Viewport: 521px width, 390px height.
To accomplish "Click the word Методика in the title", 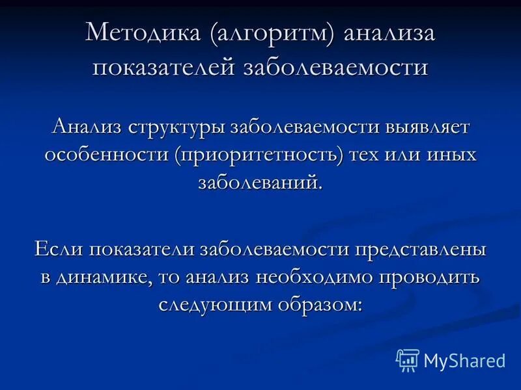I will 148,34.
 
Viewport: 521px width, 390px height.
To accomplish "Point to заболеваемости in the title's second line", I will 336,67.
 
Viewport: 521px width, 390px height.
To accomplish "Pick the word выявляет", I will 425,126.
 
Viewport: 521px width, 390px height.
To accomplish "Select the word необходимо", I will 311,277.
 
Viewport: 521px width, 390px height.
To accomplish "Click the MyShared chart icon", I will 407,359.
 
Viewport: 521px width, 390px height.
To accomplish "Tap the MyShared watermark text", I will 464,360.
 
